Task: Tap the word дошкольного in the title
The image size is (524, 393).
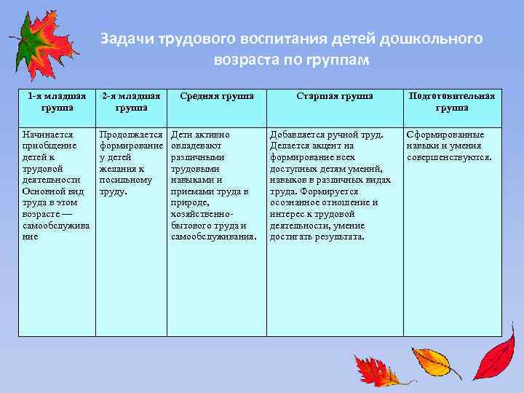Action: pos(436,39)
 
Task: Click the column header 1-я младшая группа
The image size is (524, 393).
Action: pos(57,102)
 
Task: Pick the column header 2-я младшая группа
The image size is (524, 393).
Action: pos(131,102)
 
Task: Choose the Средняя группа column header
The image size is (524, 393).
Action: pos(216,96)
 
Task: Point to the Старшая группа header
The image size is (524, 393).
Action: pos(335,96)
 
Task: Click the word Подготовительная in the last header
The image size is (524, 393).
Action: pos(452,96)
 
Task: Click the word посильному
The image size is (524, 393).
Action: pos(125,180)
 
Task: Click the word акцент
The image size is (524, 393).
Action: pos(324,146)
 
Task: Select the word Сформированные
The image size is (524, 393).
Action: pos(445,135)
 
